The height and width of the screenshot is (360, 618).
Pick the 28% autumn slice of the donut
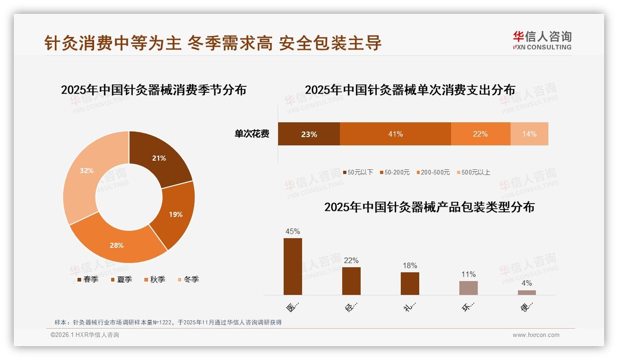[118, 245]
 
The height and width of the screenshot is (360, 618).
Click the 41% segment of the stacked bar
[395, 134]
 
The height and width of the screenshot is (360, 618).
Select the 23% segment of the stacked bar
[309, 134]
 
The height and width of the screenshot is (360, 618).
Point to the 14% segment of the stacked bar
[529, 134]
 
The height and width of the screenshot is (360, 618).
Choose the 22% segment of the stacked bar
[480, 134]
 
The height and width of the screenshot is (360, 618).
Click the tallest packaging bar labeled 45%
[292, 266]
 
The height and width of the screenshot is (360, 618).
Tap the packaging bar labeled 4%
[527, 292]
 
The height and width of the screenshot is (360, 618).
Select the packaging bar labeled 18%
[410, 283]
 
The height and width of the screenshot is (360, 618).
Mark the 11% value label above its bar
[469, 275]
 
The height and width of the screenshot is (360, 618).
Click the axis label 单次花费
[252, 134]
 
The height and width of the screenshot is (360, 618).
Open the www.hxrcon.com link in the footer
[536, 335]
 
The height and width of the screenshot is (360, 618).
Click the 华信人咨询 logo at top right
[542, 40]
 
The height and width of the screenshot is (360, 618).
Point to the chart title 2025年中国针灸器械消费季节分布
[154, 90]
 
